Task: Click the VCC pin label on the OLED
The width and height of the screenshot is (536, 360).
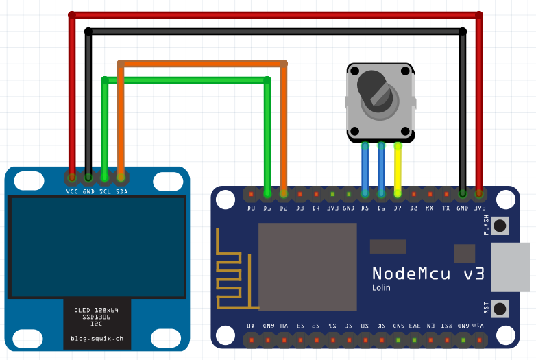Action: [72, 191]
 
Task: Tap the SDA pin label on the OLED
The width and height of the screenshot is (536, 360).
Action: [121, 191]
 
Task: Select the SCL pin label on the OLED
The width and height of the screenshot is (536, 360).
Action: [105, 191]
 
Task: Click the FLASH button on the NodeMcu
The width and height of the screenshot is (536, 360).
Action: [500, 225]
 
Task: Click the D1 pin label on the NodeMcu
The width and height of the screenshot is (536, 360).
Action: [267, 208]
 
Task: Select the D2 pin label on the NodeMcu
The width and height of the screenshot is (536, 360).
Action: [283, 208]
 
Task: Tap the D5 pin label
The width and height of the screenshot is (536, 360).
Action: [365, 208]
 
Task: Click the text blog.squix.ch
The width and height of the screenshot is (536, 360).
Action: [97, 339]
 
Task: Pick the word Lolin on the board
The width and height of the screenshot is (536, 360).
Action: [382, 288]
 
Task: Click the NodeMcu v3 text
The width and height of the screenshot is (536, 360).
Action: [428, 274]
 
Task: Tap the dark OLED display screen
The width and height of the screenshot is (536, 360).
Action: [97, 246]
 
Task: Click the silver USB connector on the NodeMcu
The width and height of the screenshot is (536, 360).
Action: [513, 267]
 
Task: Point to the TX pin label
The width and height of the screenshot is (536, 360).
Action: [446, 208]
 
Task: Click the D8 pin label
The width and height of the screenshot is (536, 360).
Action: [413, 208]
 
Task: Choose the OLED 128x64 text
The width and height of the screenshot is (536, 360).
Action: [97, 311]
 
